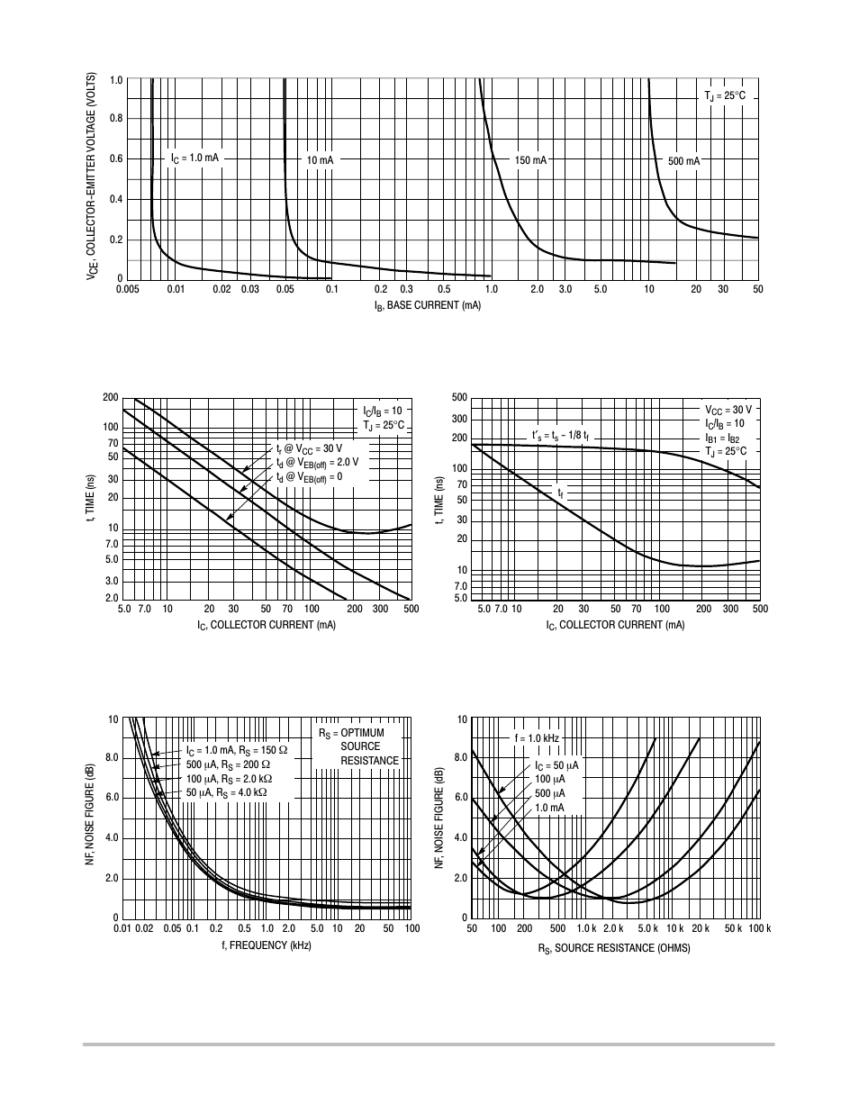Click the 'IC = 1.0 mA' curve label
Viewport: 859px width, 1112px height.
(x=194, y=158)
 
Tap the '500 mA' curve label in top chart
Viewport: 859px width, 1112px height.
(x=683, y=161)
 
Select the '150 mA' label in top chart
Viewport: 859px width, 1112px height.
(x=530, y=160)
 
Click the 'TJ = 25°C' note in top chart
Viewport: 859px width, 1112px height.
(x=724, y=95)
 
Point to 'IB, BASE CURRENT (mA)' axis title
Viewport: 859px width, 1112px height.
(x=428, y=306)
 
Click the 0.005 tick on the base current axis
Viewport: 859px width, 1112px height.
(x=127, y=289)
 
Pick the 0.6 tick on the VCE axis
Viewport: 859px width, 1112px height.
(x=115, y=159)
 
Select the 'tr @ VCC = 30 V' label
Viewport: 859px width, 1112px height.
(x=309, y=448)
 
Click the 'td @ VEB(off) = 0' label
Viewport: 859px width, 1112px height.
(x=309, y=477)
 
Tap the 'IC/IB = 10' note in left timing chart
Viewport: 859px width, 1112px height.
(x=382, y=411)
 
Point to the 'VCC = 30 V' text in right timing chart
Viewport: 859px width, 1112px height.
(x=728, y=410)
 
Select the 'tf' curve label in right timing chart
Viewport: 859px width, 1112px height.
(x=561, y=494)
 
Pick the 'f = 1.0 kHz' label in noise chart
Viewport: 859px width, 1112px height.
(x=537, y=738)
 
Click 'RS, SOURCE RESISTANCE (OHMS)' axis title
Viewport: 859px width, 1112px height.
(x=614, y=948)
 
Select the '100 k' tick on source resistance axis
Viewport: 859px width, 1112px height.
(x=760, y=928)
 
